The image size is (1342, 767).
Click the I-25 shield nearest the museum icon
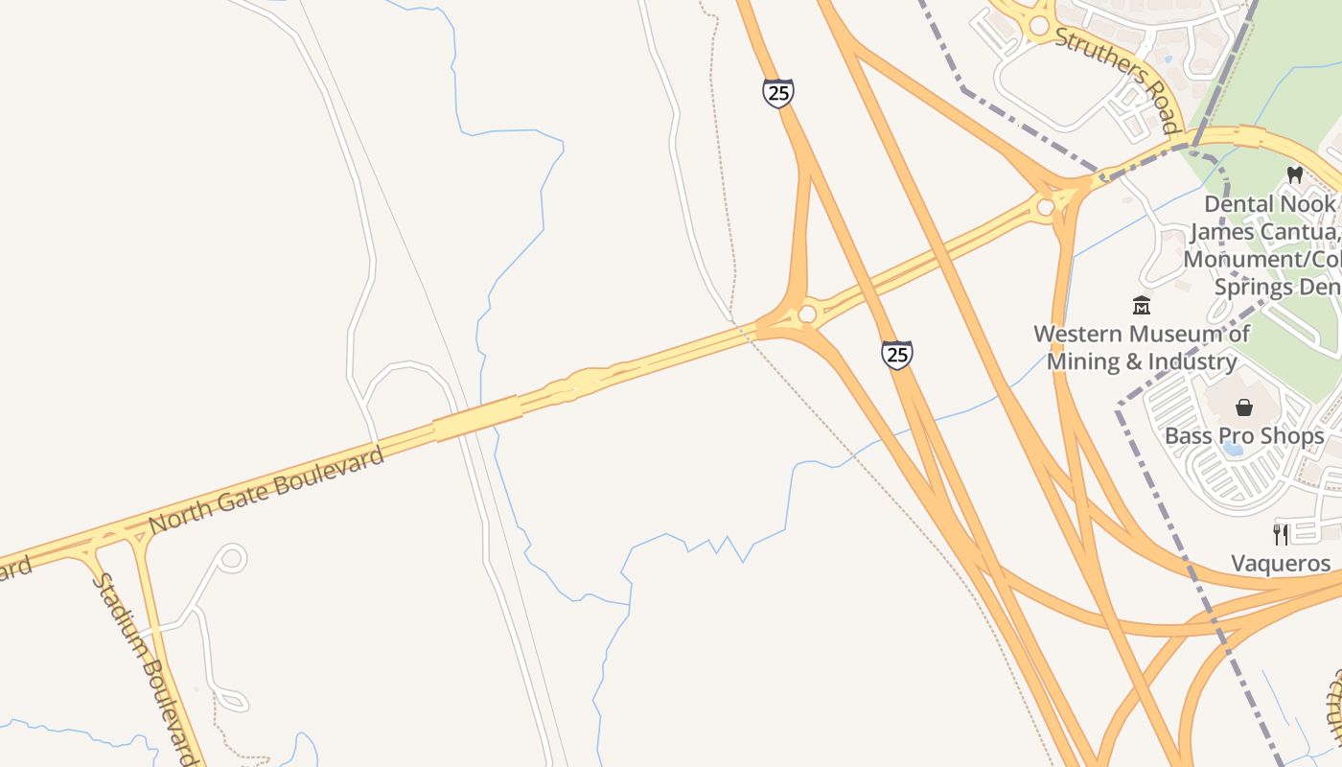click(897, 355)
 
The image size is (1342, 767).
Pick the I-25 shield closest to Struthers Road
click(778, 93)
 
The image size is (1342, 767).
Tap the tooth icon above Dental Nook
click(1294, 175)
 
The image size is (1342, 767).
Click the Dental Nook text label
click(1269, 204)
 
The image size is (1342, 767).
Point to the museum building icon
click(1142, 306)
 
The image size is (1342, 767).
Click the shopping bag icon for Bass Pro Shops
click(1244, 407)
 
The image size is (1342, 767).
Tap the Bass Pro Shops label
click(1244, 436)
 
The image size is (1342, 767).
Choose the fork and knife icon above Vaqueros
click(1281, 534)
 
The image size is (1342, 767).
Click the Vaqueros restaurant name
click(1282, 563)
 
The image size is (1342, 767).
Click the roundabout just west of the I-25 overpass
click(807, 314)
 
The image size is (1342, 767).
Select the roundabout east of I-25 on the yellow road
click(1045, 207)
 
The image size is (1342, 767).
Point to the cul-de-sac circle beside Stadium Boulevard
click(232, 558)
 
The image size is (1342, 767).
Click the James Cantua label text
click(1263, 232)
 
